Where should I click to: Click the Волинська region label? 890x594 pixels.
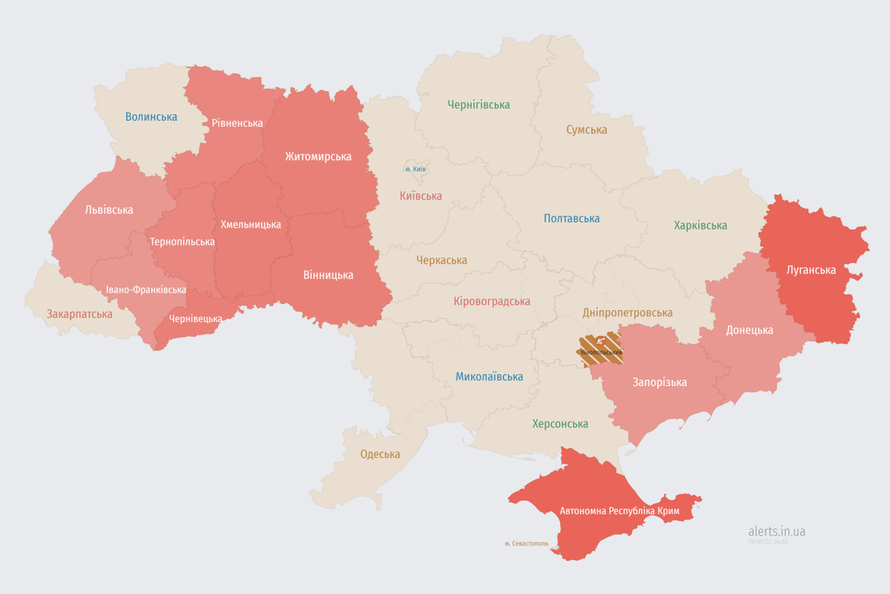[151, 118]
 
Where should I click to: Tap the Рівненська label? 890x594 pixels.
[237, 123]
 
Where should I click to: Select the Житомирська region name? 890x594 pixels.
[318, 156]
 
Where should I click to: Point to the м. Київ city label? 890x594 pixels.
[416, 169]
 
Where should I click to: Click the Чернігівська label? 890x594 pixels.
[478, 104]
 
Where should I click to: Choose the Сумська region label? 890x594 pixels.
[586, 130]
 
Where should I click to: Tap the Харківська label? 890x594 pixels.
[700, 226]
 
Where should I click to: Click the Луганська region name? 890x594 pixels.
[811, 270]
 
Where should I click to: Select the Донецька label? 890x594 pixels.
[749, 330]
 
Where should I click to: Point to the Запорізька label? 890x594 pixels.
[659, 382]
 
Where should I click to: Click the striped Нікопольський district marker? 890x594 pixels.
[601, 350]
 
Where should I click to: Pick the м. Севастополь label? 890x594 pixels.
[526, 544]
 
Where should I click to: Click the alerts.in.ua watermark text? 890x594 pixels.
[776, 531]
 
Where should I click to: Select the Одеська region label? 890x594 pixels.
[380, 454]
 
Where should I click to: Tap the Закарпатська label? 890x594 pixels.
[80, 314]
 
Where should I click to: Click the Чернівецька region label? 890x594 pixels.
[195, 319]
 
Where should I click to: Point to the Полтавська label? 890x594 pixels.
[572, 219]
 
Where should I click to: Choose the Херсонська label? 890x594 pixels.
[560, 424]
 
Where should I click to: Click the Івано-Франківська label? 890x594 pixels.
[146, 290]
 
